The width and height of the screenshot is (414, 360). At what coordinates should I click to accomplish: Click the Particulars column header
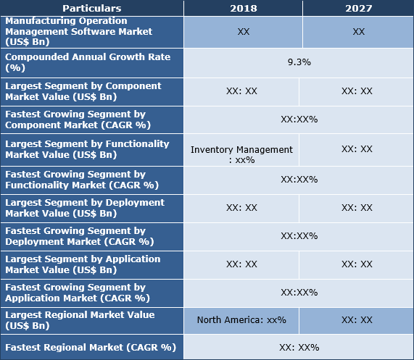click(x=91, y=8)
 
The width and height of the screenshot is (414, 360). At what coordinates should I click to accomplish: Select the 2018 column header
click(x=243, y=8)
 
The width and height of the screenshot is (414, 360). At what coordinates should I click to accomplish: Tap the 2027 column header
click(x=358, y=8)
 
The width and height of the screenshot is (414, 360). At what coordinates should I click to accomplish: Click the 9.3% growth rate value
click(x=299, y=62)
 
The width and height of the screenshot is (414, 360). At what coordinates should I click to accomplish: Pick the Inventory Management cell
click(x=241, y=154)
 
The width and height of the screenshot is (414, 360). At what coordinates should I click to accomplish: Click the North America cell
click(x=241, y=319)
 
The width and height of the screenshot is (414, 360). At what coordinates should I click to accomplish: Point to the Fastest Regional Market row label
click(x=91, y=347)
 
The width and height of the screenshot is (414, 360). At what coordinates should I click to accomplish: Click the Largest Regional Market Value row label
click(x=80, y=320)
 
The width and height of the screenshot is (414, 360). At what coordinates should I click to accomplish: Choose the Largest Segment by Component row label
click(x=83, y=91)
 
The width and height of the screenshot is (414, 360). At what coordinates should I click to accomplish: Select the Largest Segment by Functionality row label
click(x=87, y=149)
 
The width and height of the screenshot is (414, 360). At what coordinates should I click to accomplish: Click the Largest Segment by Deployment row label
click(x=85, y=208)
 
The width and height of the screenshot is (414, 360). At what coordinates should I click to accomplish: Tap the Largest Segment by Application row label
click(x=83, y=264)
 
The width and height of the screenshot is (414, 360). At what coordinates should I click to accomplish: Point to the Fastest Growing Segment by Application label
click(x=77, y=293)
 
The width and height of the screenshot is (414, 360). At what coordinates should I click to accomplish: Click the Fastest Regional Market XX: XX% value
click(x=299, y=347)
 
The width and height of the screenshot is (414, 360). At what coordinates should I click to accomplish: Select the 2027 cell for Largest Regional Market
click(x=357, y=319)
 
